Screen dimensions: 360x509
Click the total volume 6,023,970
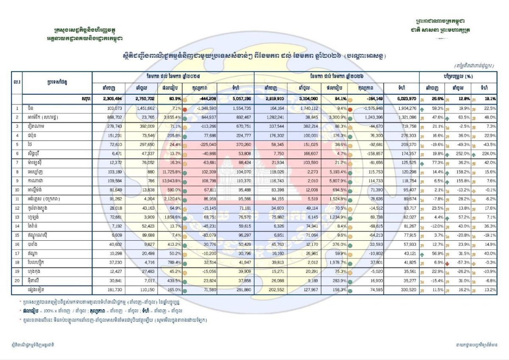coord(402,98)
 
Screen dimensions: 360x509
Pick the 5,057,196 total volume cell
coord(238,98)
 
